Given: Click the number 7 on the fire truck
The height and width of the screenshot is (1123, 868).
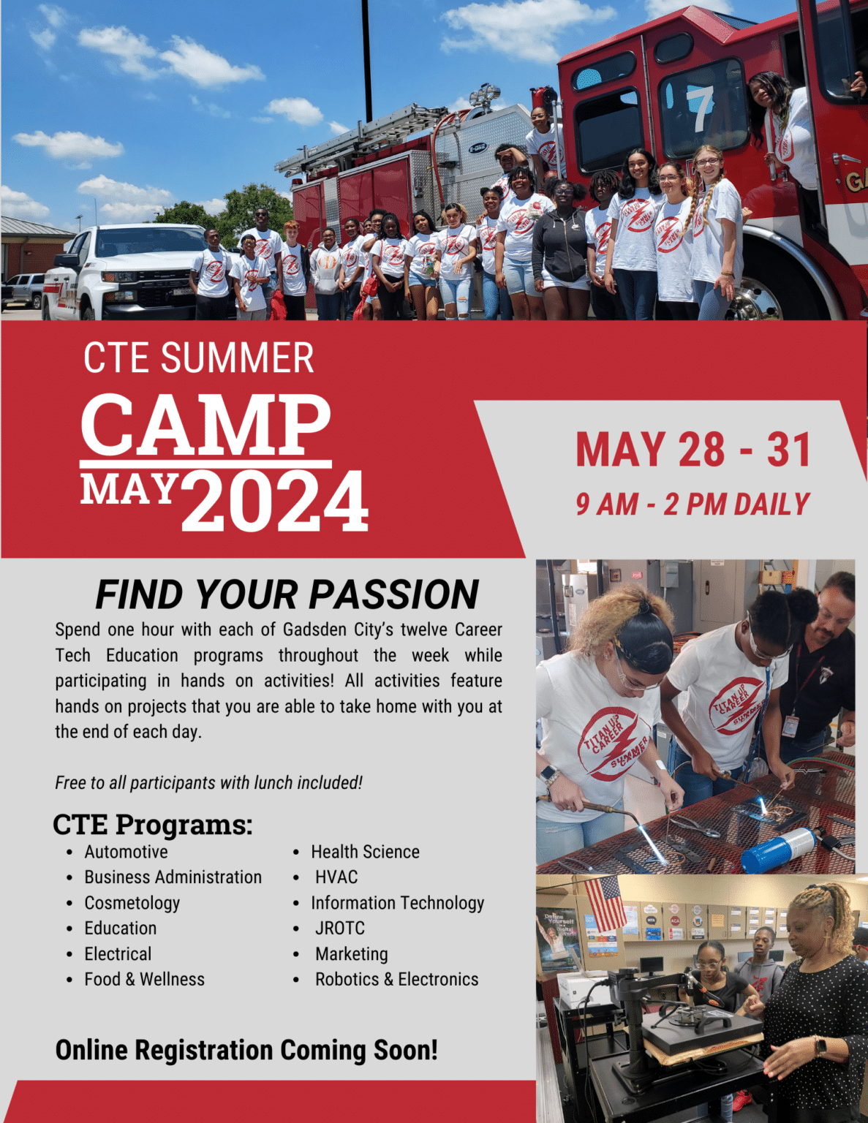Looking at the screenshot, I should pyautogui.click(x=700, y=109).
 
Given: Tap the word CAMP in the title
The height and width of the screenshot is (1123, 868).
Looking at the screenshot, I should pyautogui.click(x=205, y=425).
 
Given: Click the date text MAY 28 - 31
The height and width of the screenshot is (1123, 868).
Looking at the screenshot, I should pyautogui.click(x=693, y=449).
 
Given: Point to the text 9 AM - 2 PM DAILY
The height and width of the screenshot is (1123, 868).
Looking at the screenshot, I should pyautogui.click(x=692, y=504).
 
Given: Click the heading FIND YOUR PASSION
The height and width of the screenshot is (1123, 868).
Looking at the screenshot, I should pyautogui.click(x=287, y=594).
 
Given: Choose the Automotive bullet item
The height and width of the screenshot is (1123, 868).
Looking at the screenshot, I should pyautogui.click(x=126, y=852).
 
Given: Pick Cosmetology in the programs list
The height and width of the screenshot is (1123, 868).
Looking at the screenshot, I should pyautogui.click(x=132, y=903).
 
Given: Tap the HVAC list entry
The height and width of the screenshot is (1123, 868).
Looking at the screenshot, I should pyautogui.click(x=336, y=877).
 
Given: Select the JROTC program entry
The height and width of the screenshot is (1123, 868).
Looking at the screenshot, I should pyautogui.click(x=339, y=928).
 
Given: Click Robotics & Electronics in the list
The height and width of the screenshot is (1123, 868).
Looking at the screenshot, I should pyautogui.click(x=396, y=979).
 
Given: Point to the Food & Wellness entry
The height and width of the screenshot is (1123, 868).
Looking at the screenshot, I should pyautogui.click(x=144, y=979).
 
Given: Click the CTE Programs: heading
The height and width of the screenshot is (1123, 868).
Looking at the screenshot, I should pyautogui.click(x=152, y=825).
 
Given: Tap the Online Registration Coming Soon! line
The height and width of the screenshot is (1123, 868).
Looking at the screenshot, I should pyautogui.click(x=246, y=1050).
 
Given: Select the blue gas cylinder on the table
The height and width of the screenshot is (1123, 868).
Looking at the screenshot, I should pyautogui.click(x=778, y=850).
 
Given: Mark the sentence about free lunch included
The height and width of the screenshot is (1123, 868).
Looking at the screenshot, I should pyautogui.click(x=208, y=782).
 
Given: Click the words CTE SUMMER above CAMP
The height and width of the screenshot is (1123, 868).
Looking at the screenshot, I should pyautogui.click(x=198, y=358).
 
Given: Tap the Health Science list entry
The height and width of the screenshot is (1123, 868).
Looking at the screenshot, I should pyautogui.click(x=365, y=852).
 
